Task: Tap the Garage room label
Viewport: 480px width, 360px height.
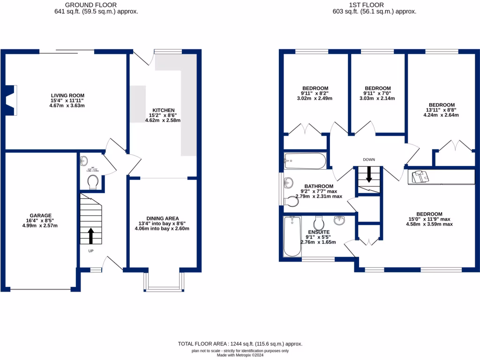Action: pyautogui.click(x=41, y=216)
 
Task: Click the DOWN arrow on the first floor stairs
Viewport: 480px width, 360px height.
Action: pyautogui.click(x=369, y=174)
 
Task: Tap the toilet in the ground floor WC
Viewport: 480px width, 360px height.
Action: pyautogui.click(x=92, y=181)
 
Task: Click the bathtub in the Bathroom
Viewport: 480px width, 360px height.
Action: pyautogui.click(x=305, y=161)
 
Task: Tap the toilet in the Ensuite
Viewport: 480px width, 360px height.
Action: pyautogui.click(x=319, y=221)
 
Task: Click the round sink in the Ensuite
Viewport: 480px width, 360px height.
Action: pyautogui.click(x=339, y=219)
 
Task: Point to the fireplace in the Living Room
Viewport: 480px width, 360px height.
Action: pyautogui.click(x=11, y=99)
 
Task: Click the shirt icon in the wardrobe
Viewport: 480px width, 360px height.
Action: pyautogui.click(x=419, y=177)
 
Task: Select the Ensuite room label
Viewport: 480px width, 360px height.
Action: pyautogui.click(x=318, y=232)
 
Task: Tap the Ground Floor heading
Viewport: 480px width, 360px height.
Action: pyautogui.click(x=96, y=5)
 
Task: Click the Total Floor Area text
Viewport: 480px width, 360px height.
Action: pyautogui.click(x=240, y=344)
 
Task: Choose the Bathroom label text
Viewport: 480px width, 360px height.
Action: pyautogui.click(x=318, y=186)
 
